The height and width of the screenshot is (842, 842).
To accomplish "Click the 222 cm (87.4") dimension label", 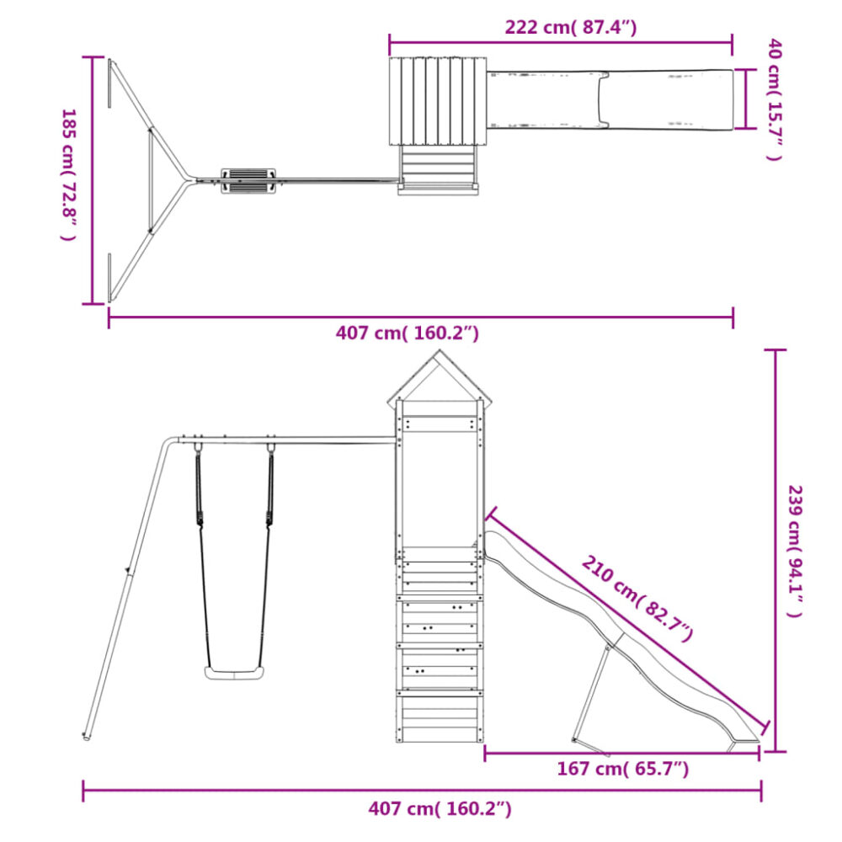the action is click(570, 27).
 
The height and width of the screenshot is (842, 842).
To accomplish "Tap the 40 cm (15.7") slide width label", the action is click(774, 99).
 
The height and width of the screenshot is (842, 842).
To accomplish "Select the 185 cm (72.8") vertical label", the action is click(69, 175).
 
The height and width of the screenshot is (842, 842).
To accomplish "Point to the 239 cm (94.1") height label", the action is click(795, 551).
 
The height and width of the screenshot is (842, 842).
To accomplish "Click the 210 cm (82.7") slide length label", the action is click(637, 600).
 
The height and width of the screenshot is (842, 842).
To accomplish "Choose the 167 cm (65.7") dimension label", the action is click(622, 769).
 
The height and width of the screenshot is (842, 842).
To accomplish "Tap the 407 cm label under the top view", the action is click(407, 333).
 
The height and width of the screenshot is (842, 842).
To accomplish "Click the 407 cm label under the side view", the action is click(440, 808).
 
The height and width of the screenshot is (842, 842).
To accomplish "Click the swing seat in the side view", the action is click(235, 672).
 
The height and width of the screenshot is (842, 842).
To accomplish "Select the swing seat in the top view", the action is click(248, 181).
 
